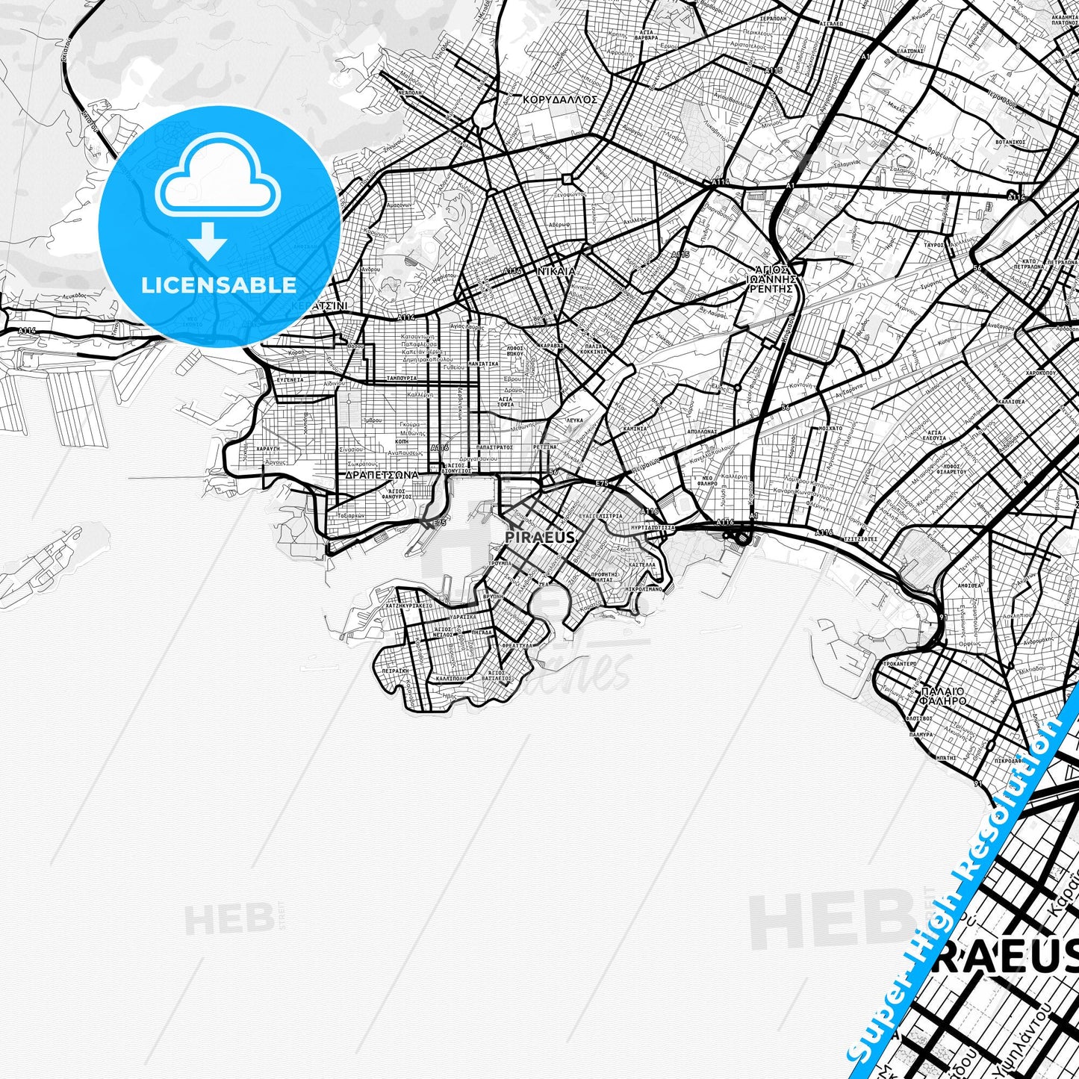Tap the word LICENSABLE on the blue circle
[x=220, y=284]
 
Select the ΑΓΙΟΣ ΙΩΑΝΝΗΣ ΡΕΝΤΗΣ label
[x=773, y=278]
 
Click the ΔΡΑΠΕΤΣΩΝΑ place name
[x=381, y=474]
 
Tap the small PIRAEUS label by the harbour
[x=540, y=537]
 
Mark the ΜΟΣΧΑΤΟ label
[x=831, y=429]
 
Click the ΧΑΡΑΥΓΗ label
[x=267, y=450]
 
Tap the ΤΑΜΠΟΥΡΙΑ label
[x=402, y=378]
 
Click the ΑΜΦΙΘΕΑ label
[x=969, y=586]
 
